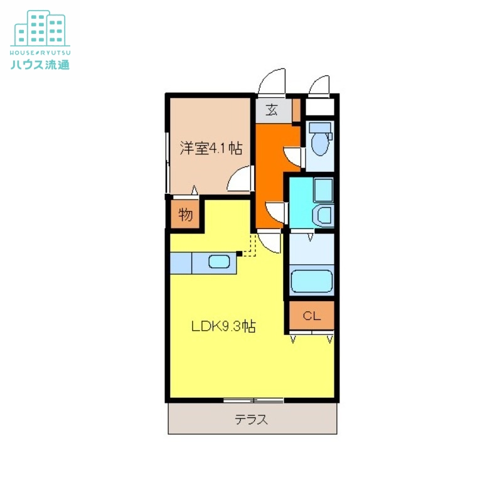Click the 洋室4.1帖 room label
[211, 149]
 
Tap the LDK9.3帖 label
[223, 326]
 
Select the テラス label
[252, 420]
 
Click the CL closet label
[311, 316]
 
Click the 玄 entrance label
[272, 110]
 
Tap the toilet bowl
[320, 142]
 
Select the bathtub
[312, 281]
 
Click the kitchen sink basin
[219, 262]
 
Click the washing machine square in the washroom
[323, 189]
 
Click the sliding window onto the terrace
[253, 400]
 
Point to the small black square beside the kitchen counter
[238, 254]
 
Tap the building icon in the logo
[40, 28]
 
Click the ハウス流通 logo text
[40, 64]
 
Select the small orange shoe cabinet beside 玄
[296, 110]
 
